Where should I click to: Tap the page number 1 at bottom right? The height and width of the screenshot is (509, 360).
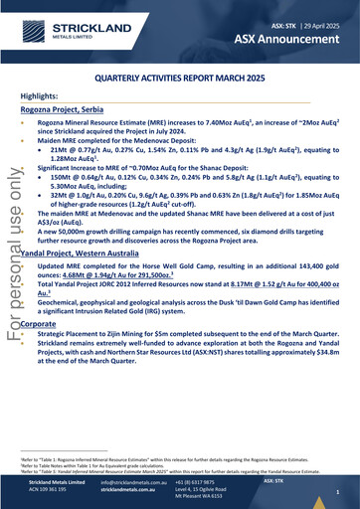coord(337,492)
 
